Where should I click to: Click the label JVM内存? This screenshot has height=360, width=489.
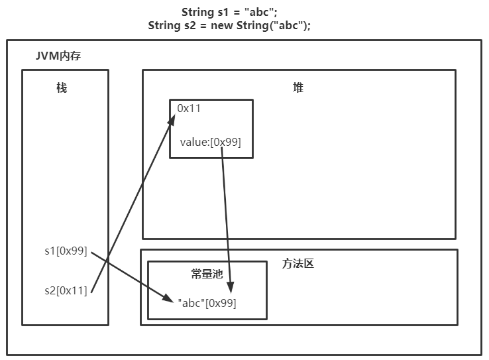pos(58,56)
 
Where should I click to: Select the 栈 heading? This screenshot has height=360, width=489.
pos(62,88)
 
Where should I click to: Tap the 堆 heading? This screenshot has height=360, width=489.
pos(298,88)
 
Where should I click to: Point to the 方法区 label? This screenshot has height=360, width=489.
pos(298,264)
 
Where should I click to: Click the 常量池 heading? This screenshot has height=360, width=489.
pos(207,274)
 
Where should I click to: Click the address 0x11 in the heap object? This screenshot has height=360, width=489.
pos(189,108)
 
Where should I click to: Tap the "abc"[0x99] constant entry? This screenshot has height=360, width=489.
pos(207,302)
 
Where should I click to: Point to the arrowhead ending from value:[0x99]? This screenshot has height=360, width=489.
pos(230,286)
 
